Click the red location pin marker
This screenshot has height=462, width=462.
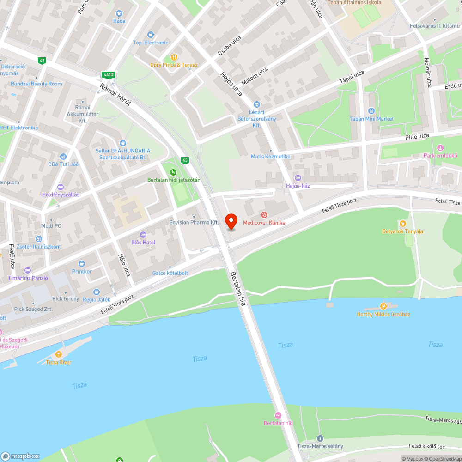coord(230,221)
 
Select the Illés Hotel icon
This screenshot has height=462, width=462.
coord(143,235)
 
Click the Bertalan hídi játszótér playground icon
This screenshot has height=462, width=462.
coord(173,172)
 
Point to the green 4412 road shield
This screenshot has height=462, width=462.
coord(109,74)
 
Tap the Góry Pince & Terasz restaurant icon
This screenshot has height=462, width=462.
coord(174,57)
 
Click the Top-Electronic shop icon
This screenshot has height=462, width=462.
coord(150,35)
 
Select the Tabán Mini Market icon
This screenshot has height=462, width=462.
coord(371,111)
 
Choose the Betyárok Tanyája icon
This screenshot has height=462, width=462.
coord(402,224)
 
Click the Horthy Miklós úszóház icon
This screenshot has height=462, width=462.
coord(383,306)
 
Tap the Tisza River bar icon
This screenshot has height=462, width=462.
coord(59,354)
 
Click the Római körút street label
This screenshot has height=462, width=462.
coord(115,95)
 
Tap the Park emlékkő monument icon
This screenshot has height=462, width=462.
coord(440,148)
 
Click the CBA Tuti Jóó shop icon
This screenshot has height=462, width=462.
coord(63,156)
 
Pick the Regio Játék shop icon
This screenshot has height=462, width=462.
coord(96,292)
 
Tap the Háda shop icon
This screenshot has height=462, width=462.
coord(119,14)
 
